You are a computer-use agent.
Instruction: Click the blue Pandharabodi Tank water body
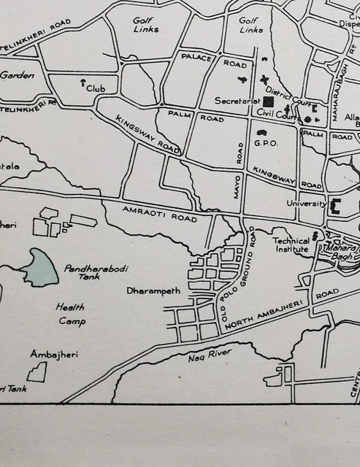click(40, 268)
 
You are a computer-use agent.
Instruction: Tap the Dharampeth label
click(153, 290)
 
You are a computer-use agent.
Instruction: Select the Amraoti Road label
click(150, 213)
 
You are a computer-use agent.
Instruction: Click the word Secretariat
click(238, 101)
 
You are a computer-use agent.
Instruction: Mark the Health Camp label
click(71, 314)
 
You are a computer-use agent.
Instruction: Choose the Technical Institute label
click(291, 244)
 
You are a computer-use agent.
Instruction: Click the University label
click(306, 204)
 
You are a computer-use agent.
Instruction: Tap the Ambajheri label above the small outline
click(54, 354)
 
